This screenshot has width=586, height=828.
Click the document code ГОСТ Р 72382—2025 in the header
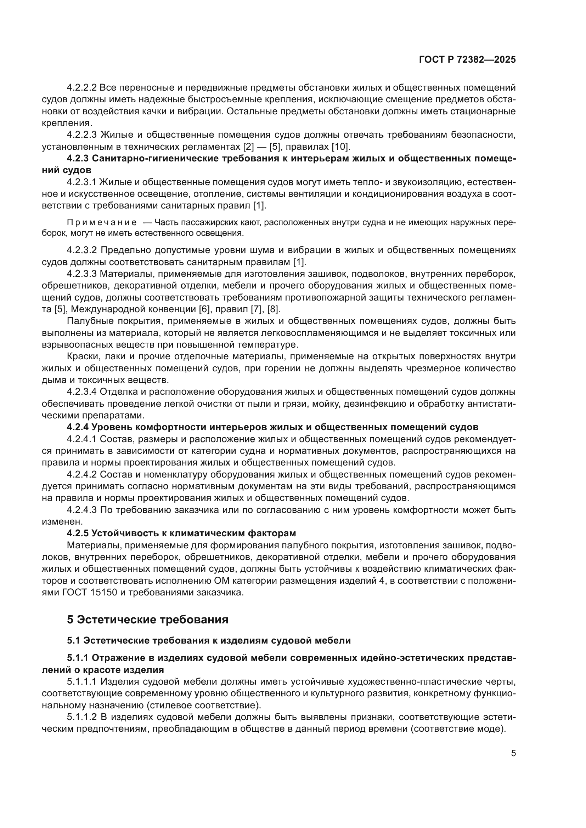467,60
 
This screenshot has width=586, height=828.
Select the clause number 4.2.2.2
82,88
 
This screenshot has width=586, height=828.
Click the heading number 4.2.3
78,159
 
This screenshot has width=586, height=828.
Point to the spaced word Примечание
101,223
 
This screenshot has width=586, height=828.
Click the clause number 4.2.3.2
82,250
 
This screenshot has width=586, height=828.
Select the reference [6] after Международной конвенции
204,309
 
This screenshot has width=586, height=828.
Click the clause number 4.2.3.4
82,392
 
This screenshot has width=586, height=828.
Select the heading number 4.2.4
78,427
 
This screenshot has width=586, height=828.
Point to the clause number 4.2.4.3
82,510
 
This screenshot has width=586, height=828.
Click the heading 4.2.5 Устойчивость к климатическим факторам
181,533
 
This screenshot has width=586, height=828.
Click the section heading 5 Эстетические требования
148,620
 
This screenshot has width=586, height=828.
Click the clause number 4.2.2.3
82,135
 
